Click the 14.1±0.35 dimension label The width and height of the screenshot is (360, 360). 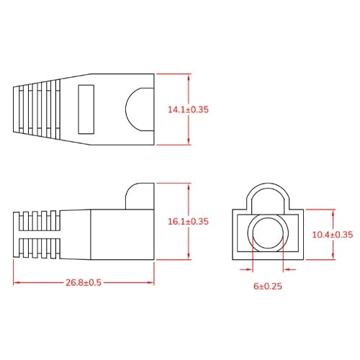tap(188, 110)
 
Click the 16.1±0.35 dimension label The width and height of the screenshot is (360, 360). tap(188, 222)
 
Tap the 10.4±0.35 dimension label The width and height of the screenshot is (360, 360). tap(332, 235)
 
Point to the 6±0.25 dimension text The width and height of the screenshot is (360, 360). tap(267, 286)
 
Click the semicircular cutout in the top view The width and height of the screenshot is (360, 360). tap(142, 109)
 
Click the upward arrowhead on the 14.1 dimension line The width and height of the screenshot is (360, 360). tap(188, 76)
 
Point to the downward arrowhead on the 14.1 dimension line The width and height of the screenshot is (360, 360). tap(188, 142)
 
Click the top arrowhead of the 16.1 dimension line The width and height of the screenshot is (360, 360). tap(188, 186)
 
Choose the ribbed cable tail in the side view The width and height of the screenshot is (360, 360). tap(36, 234)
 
